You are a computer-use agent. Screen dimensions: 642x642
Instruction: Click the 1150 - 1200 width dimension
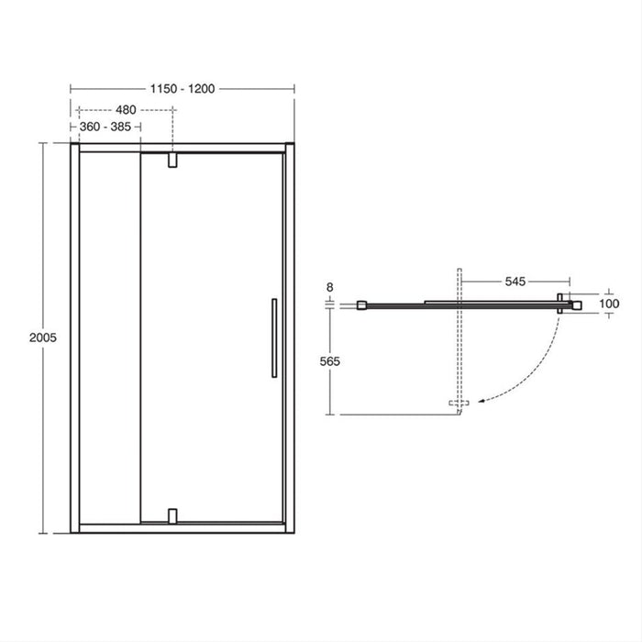(183, 88)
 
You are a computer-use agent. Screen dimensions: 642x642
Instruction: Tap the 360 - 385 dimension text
(105, 127)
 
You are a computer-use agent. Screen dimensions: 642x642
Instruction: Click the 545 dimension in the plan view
(515, 282)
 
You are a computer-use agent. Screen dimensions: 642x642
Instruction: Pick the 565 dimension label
(329, 361)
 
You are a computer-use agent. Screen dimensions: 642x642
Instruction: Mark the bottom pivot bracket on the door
(172, 515)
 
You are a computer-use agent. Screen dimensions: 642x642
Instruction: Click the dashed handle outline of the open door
(459, 403)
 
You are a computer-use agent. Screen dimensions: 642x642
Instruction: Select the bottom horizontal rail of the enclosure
(182, 526)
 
